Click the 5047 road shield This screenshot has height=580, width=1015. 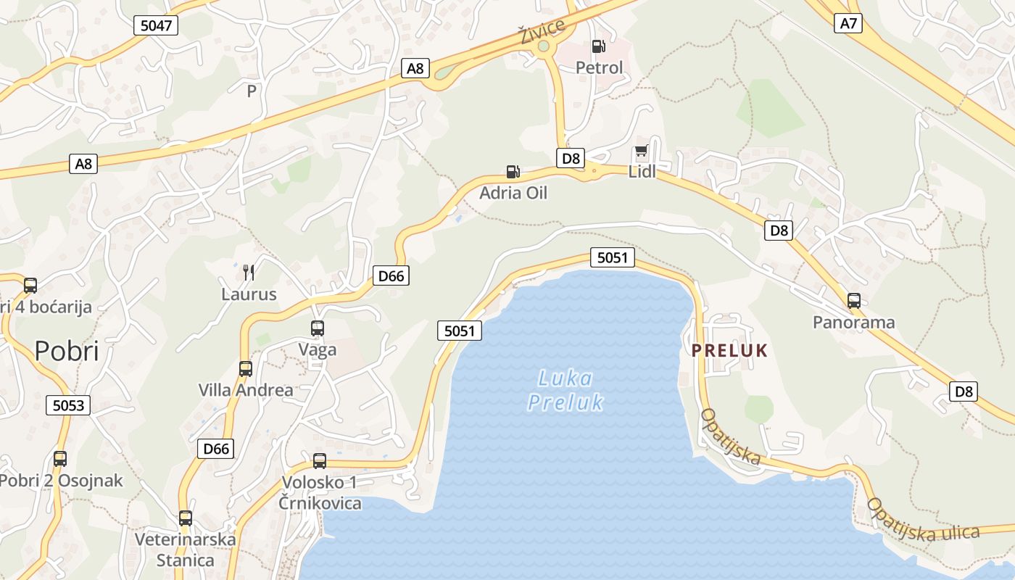point(156,26)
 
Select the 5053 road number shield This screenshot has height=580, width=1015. point(69,405)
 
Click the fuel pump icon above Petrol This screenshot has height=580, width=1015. point(598,46)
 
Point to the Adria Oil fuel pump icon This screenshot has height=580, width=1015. point(513,172)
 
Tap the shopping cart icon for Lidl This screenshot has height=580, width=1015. point(641,152)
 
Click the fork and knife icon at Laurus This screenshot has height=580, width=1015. point(249,273)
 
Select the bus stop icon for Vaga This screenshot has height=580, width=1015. point(318,328)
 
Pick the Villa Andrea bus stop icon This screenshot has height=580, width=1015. point(246,369)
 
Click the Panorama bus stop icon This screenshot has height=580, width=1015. point(854,301)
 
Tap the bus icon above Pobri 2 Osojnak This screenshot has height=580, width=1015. point(60,459)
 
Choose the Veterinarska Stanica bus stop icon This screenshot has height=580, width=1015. point(186,518)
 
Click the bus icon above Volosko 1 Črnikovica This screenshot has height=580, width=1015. point(320,461)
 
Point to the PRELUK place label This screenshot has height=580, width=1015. point(729,351)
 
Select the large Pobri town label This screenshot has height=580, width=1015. point(67,352)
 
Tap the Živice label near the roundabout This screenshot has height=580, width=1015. point(542,31)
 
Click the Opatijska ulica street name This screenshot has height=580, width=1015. point(923,520)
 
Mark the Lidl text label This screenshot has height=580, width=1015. point(642,173)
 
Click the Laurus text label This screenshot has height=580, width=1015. point(249,294)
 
